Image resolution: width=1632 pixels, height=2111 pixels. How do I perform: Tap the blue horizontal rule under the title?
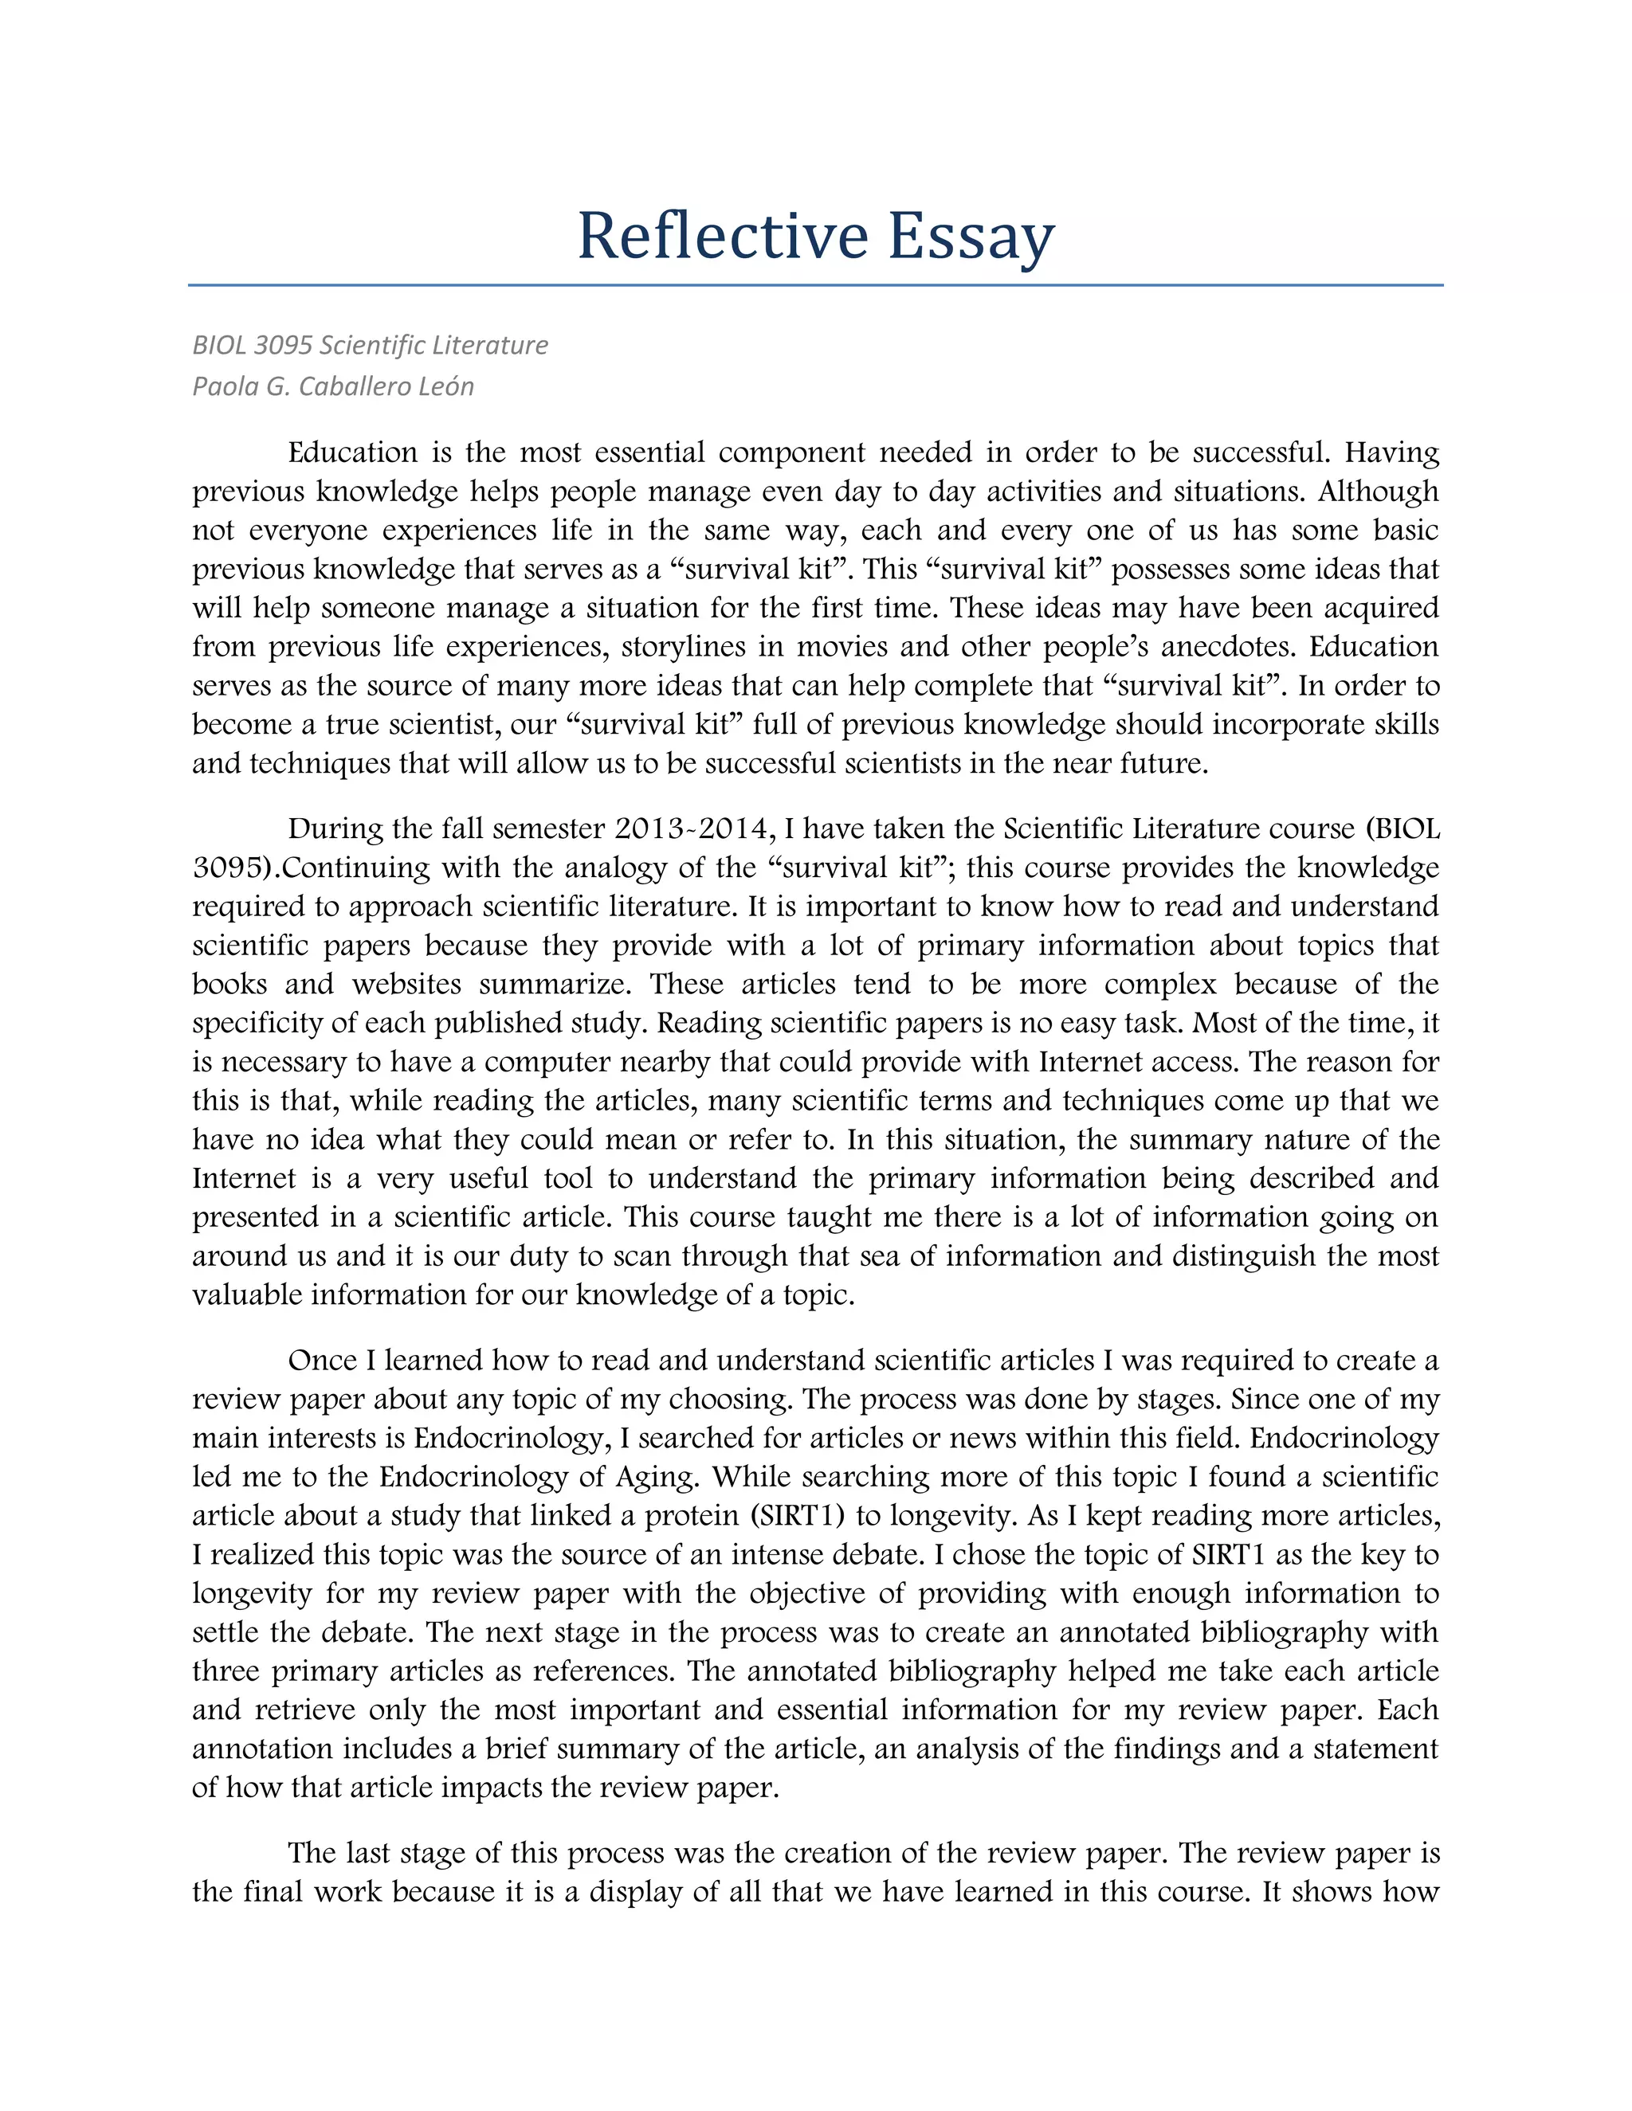pyautogui.click(x=815, y=285)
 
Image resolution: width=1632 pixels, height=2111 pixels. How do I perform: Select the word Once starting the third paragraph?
pyautogui.click(x=321, y=1360)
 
